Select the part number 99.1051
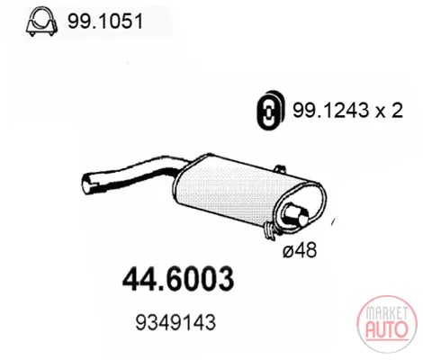click(x=105, y=22)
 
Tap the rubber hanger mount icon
click(x=269, y=110)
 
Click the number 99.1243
click(x=330, y=111)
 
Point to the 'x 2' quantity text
click(x=389, y=111)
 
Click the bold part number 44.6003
click(x=178, y=279)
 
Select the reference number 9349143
click(x=175, y=322)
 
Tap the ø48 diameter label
click(x=300, y=250)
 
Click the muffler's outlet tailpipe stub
click(x=296, y=214)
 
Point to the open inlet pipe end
click(x=87, y=183)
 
